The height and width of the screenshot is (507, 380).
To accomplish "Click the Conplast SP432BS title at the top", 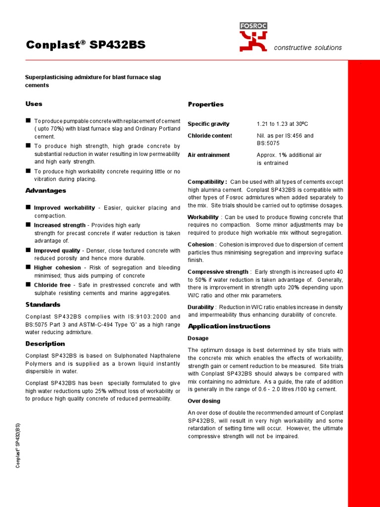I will click(x=86, y=45).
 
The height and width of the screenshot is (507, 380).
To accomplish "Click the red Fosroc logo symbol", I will click(x=253, y=41).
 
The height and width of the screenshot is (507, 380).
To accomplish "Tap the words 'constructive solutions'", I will click(x=308, y=48).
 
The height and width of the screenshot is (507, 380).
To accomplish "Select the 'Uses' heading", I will click(x=34, y=103).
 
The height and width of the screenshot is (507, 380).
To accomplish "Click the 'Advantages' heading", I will click(x=46, y=191).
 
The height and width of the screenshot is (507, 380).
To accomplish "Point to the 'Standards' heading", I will click(x=43, y=304).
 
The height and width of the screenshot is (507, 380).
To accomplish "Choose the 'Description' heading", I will click(x=45, y=344).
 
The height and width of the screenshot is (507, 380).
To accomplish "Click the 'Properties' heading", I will click(x=205, y=104).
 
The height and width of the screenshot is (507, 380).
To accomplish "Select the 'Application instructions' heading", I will click(x=229, y=326).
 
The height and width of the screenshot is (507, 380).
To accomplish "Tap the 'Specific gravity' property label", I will click(x=208, y=124).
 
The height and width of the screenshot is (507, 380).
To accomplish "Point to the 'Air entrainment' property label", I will click(x=208, y=155).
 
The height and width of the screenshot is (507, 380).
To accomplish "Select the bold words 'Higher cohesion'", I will click(x=57, y=267).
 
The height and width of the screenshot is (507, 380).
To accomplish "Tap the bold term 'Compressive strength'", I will click(x=218, y=272).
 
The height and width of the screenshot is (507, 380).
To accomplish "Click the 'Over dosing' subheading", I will click(x=204, y=401).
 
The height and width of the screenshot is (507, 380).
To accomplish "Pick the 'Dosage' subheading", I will click(x=198, y=338).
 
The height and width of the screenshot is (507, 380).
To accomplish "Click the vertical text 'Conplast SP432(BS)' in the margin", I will click(x=18, y=445).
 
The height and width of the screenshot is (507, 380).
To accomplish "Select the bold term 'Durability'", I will click(x=200, y=307).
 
